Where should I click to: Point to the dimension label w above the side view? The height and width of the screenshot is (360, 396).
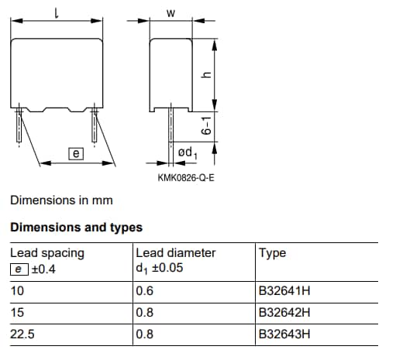click(170, 12)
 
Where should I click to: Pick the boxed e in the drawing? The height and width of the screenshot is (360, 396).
click(76, 154)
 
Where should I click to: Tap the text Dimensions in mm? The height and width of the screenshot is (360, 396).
click(61, 201)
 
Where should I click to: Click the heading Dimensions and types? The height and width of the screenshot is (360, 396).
click(76, 228)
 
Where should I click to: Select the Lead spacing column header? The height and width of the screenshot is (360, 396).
click(47, 252)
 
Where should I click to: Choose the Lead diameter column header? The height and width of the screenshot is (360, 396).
click(175, 252)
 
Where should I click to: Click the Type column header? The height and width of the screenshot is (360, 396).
click(273, 252)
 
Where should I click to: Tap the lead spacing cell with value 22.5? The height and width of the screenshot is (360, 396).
click(21, 334)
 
